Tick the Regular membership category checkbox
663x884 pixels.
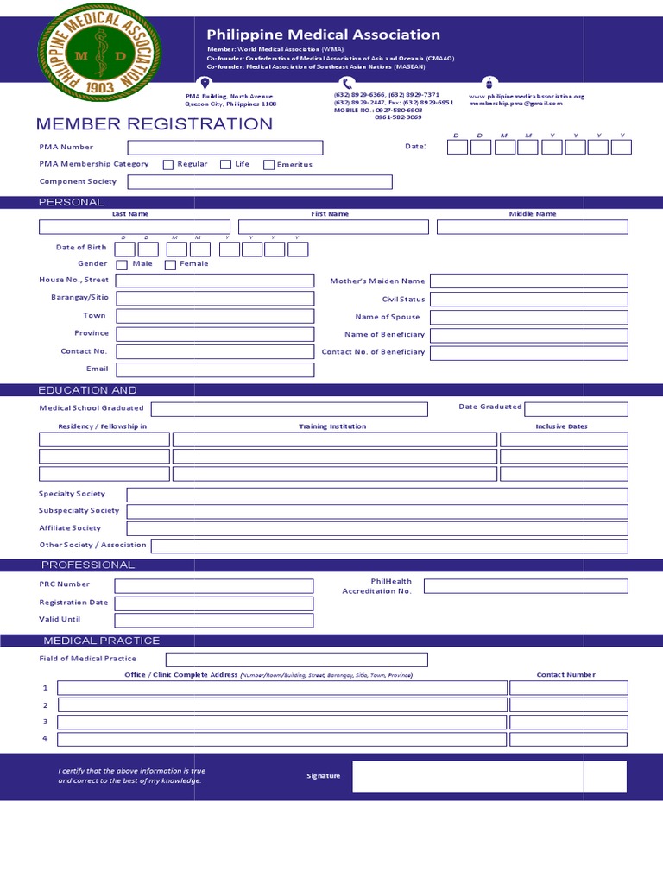(168, 165)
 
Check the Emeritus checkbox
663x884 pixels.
(269, 165)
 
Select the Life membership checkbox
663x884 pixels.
(225, 165)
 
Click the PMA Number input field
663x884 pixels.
(225, 148)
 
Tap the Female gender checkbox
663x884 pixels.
(171, 265)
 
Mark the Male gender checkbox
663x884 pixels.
(122, 265)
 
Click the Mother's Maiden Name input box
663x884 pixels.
(529, 281)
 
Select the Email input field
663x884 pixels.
(215, 369)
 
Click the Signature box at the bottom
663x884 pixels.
(489, 776)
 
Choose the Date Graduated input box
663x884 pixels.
(576, 408)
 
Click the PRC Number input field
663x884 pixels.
(214, 585)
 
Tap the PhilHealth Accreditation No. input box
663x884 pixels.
(526, 586)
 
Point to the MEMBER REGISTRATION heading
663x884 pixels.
(155, 124)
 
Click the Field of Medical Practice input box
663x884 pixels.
(285, 660)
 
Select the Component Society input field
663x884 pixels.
(260, 182)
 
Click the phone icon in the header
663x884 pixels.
(347, 84)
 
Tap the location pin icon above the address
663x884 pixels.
(205, 84)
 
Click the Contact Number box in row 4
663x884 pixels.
(568, 739)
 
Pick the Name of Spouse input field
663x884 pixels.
(529, 317)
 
